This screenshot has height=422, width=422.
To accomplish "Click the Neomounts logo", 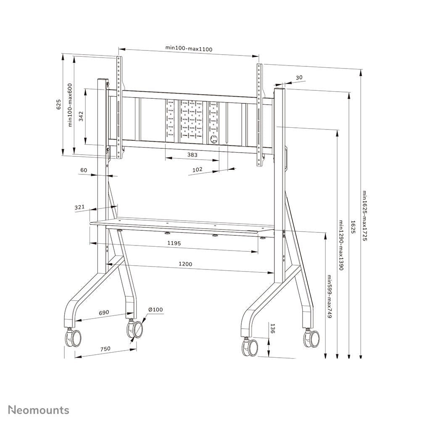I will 39,410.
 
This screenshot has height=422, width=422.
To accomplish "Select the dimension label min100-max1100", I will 189,49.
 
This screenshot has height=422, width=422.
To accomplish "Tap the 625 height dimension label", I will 59,105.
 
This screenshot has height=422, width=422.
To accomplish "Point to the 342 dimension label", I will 81,116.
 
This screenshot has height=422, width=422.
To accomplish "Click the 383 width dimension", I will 192,155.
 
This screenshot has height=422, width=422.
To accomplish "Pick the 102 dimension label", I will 197,169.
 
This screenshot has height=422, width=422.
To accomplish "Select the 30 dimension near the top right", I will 299,77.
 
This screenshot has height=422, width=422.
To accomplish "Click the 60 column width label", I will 83,170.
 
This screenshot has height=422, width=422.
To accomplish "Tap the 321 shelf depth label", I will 80,207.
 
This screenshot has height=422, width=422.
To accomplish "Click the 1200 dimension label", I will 185,264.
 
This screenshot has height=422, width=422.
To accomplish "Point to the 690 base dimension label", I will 104,312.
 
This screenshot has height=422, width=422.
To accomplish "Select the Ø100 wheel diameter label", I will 156,310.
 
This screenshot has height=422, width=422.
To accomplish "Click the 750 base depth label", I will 105,348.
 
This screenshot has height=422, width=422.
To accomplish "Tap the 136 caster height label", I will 272,329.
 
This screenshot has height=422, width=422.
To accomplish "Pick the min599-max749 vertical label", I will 330,298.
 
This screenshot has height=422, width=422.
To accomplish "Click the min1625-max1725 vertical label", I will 365,216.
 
